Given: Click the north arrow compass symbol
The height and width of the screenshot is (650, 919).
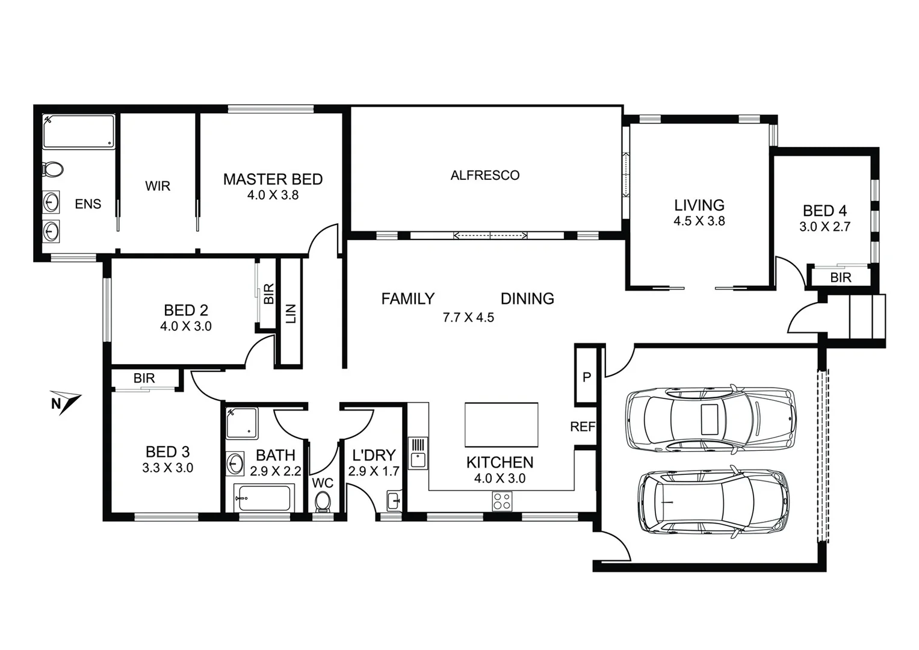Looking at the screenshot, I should [65, 403].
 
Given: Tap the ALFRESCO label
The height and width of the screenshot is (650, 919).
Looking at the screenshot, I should [484, 175].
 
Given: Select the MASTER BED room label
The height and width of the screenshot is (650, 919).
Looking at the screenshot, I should [273, 179].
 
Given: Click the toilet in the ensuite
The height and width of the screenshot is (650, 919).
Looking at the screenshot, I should [53, 169].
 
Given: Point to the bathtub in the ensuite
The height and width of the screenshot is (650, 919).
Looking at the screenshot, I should [78, 131].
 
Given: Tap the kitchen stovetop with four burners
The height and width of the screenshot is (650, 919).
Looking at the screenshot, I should [502, 501].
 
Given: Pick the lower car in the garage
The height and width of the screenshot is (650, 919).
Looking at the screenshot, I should [712, 501].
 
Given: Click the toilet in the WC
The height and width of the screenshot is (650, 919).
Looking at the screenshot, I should [323, 501].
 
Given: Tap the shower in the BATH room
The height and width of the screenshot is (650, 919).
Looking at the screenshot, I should [241, 423].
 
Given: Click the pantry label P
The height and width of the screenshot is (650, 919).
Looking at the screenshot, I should [586, 377].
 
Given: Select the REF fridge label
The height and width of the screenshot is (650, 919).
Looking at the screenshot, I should [582, 427].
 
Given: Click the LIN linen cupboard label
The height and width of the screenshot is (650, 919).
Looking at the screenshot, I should [291, 314].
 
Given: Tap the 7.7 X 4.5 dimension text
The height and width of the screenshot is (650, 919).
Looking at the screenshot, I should [468, 318].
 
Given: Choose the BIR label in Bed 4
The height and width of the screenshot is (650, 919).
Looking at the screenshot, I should [840, 277].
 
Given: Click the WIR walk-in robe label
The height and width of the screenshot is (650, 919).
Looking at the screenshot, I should [158, 186].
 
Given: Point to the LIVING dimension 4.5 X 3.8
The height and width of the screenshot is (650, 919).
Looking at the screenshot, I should [699, 221].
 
